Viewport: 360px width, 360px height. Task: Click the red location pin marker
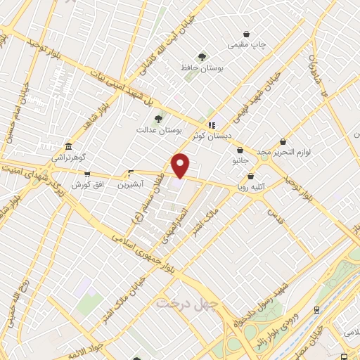pyautogui.click(x=181, y=165)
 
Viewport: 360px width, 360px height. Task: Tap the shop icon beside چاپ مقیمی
pyautogui.click(x=246, y=34)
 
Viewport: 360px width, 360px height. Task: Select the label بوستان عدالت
pyautogui.click(x=159, y=130)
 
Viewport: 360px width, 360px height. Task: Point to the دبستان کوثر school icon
pyautogui.click(x=212, y=125)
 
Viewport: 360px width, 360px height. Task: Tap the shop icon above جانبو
pyautogui.click(x=240, y=150)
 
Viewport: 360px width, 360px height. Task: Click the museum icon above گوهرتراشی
pyautogui.click(x=67, y=147)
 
